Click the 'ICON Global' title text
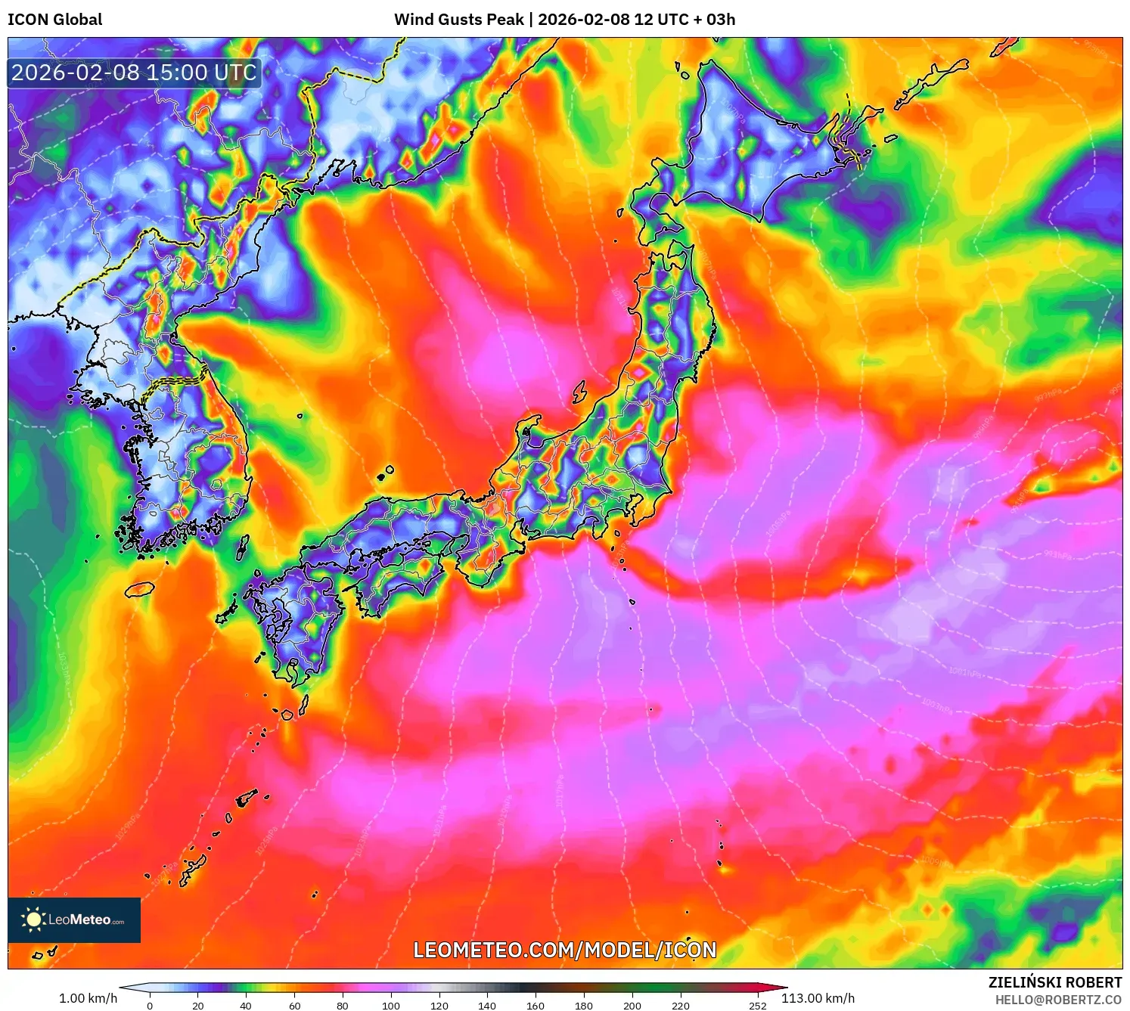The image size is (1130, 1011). (54, 20)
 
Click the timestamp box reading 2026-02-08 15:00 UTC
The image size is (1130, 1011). (135, 73)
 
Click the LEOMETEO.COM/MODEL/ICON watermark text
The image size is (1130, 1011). (564, 950)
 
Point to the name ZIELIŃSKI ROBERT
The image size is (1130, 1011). (1054, 982)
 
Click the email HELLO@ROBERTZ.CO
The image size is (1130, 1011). (1057, 1000)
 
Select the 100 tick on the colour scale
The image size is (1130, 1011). (390, 1005)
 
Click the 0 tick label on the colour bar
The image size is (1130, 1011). (150, 1005)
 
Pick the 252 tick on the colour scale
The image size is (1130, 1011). (757, 1005)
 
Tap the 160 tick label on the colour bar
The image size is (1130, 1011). (535, 1005)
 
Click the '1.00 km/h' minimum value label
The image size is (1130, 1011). (88, 998)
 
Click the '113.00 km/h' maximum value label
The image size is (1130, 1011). (818, 998)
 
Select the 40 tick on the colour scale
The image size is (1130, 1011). (246, 1005)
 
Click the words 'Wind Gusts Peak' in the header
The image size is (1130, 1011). (458, 20)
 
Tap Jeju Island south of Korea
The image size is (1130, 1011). (140, 588)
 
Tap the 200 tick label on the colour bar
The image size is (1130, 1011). (632, 1005)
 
